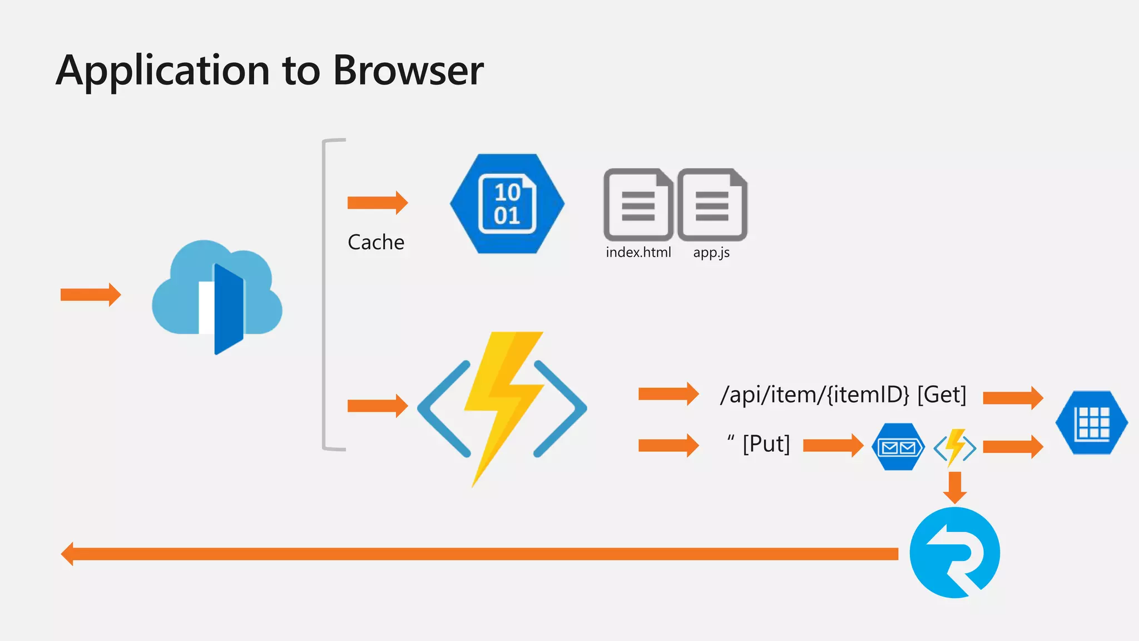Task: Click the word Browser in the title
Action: (408, 71)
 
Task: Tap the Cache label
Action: (376, 242)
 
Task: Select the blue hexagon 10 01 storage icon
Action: (507, 204)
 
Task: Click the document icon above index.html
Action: (638, 204)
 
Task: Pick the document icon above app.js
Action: (712, 204)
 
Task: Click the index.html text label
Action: (638, 252)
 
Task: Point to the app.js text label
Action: (711, 253)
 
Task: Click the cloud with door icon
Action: (217, 297)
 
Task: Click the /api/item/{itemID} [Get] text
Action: (843, 395)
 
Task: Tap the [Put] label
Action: (766, 444)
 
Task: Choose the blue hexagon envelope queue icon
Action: (898, 447)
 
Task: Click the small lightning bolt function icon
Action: (955, 447)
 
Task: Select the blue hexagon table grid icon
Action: (1092, 423)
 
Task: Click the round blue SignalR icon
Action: (955, 553)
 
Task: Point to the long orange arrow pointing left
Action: (479, 554)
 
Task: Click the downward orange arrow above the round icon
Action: (955, 488)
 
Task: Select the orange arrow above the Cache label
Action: (378, 203)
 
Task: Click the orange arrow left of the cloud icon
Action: (91, 294)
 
